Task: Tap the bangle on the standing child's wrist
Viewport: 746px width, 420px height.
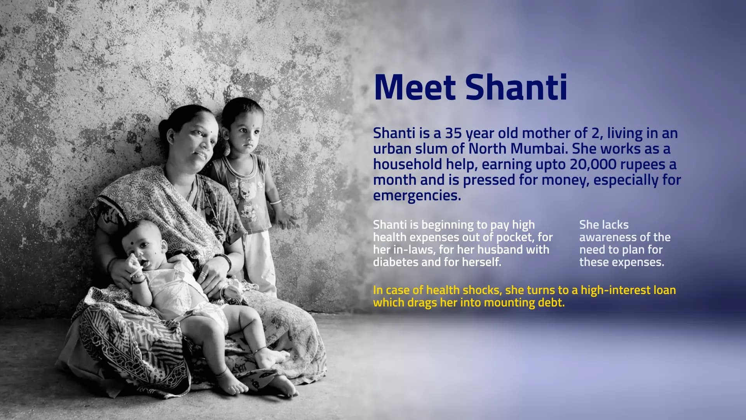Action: (x=275, y=202)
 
